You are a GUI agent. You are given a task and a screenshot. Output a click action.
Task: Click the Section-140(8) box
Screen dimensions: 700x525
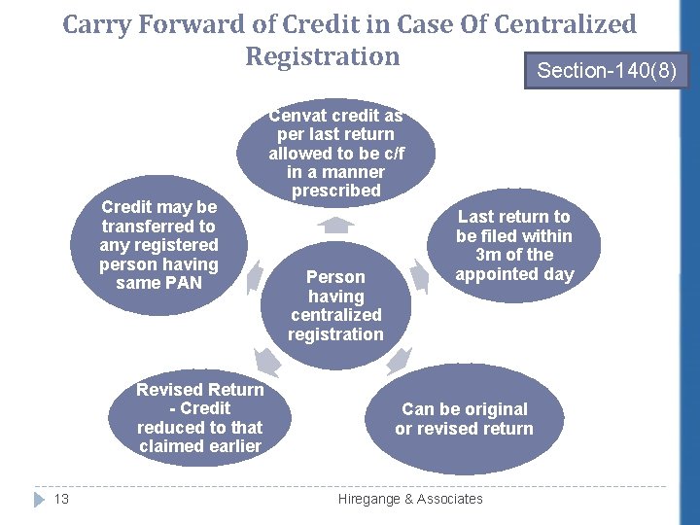point(607,69)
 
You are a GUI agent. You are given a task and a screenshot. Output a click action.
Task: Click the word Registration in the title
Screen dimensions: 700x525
point(322,56)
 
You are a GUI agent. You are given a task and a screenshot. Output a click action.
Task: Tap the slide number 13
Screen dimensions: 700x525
point(61,499)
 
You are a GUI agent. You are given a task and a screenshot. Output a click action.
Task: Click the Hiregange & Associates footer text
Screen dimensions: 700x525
point(409,499)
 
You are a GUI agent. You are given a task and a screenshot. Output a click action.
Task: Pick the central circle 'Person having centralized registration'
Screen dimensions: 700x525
point(335,305)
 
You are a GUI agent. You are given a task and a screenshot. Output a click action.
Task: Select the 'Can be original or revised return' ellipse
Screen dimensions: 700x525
point(464,419)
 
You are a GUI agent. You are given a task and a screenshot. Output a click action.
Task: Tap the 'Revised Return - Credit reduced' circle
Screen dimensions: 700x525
point(200,418)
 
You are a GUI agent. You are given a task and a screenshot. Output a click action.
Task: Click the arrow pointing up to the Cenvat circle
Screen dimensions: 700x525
point(335,226)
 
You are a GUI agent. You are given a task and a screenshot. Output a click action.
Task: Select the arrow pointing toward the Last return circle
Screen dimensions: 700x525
point(419,277)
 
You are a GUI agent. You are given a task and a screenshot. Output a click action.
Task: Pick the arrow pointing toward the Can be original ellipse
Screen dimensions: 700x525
point(399,363)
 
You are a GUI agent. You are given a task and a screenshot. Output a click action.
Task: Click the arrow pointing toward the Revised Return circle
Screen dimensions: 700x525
point(269,362)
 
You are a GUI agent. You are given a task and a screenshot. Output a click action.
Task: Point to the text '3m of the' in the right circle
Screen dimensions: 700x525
point(514,255)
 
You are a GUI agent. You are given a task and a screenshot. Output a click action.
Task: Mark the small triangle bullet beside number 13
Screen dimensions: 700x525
point(38,499)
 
